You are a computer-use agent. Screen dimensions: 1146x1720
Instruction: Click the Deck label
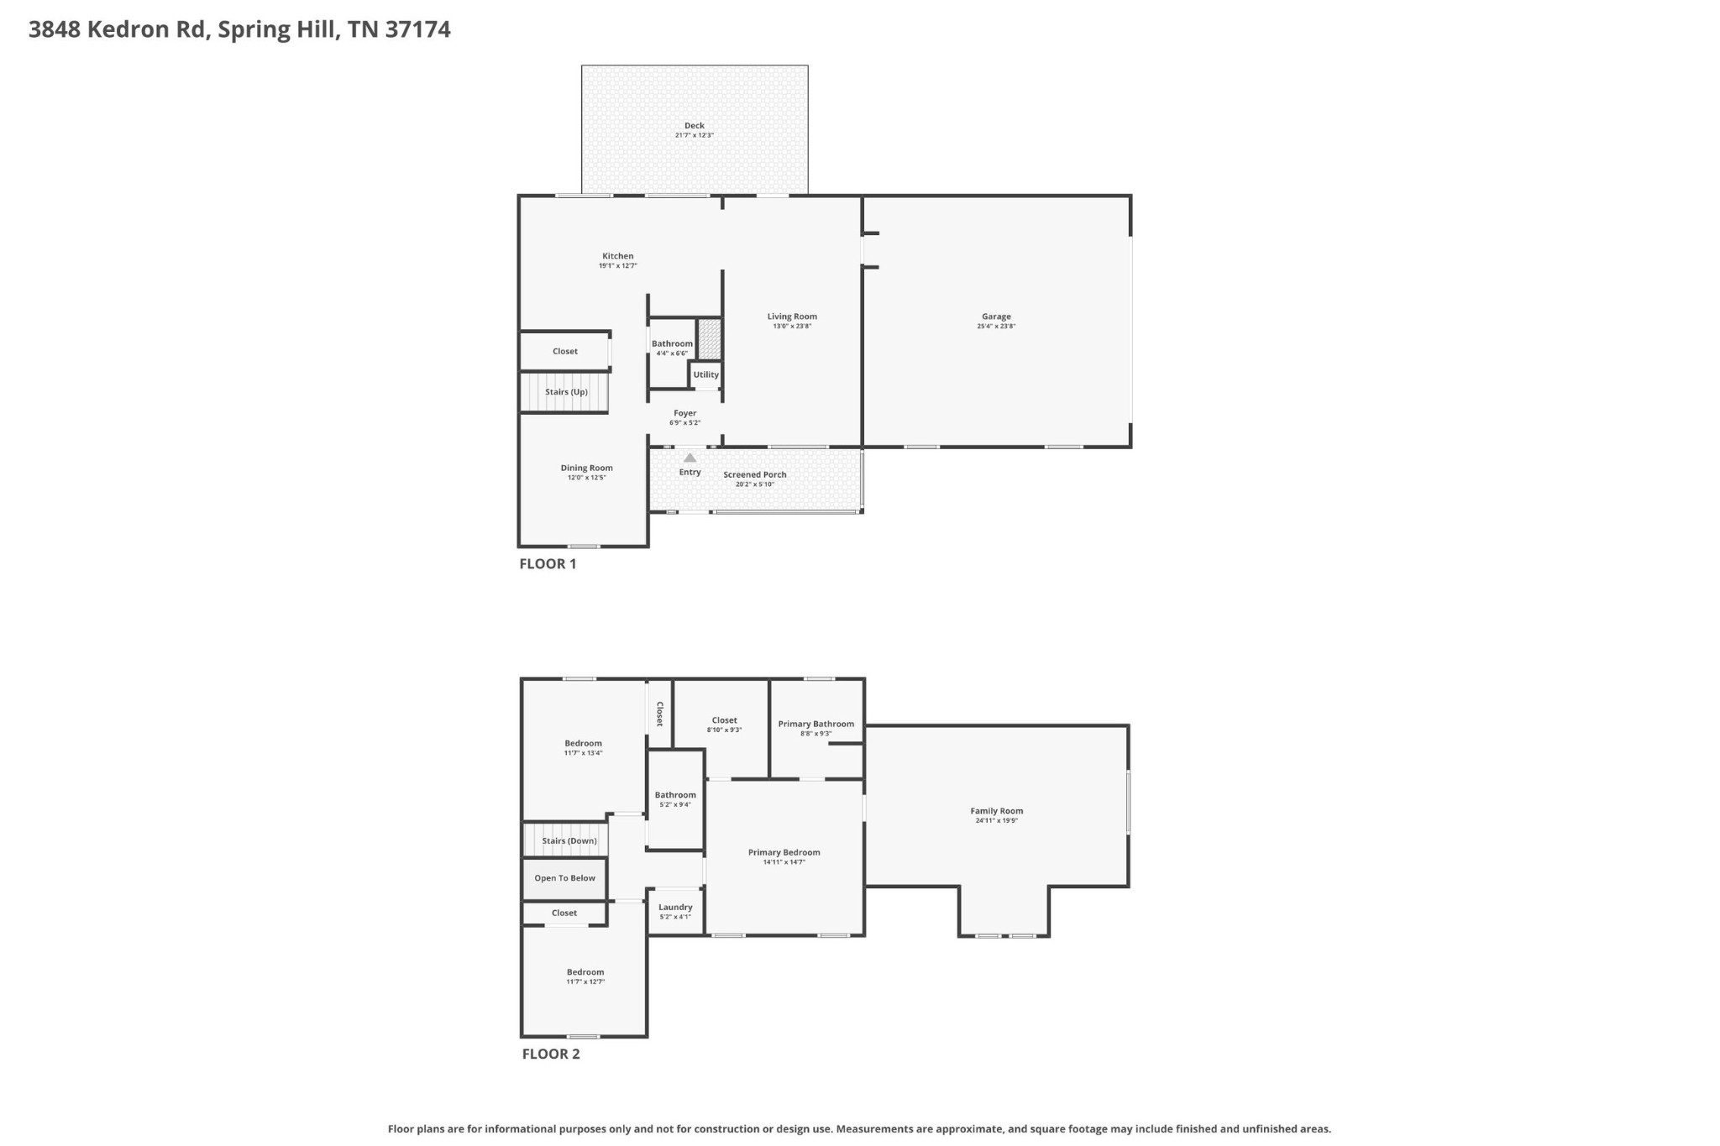pos(694,126)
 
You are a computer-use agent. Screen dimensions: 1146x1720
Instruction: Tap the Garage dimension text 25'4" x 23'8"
pos(996,327)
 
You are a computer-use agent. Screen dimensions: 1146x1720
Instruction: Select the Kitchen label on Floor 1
pos(617,256)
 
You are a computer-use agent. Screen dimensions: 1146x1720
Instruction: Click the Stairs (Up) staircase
pos(565,392)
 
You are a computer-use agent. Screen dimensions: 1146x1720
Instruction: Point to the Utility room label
pos(705,374)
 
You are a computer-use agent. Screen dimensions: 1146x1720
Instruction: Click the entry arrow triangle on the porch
pos(690,458)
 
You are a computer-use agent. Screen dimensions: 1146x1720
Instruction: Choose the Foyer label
pos(684,413)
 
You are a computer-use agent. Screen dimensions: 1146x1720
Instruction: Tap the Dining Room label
pos(586,468)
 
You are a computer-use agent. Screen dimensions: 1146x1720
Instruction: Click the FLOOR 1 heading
pos(548,564)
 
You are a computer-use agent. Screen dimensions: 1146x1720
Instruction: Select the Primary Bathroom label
pos(815,724)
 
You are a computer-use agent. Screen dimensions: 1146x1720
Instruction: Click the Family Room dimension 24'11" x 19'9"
pos(996,821)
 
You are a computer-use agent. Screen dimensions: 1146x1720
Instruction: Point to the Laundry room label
pos(675,907)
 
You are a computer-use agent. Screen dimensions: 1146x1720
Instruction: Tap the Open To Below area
pos(564,878)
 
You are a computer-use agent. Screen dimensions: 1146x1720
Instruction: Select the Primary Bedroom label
pos(784,852)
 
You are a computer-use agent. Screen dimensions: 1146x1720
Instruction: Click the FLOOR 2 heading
pos(551,1054)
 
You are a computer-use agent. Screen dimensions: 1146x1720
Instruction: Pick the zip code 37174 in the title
pos(417,29)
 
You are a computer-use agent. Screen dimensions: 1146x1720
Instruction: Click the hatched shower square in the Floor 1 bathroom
pos(710,339)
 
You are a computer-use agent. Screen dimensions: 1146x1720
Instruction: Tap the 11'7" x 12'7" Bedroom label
pos(585,972)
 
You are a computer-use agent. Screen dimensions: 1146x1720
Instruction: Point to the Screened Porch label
pos(754,474)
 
